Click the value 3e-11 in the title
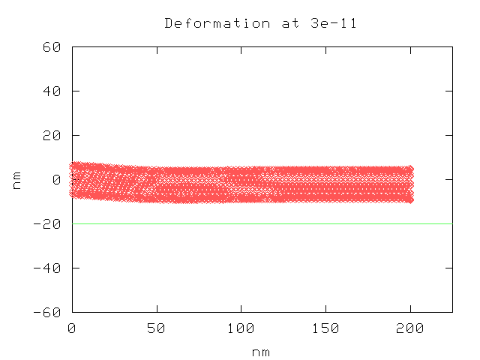tap(334, 23)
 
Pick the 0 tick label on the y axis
tap(56, 179)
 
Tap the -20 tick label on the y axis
tap(49, 223)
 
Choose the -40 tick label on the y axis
tap(49, 268)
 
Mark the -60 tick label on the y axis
tap(49, 312)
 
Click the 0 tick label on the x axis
tap(72, 328)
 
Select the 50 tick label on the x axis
tap(157, 328)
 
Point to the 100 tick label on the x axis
tap(241, 328)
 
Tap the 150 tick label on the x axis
tap(325, 328)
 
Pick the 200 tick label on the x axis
tap(410, 328)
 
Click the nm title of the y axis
tap(16, 179)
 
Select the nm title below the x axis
tap(262, 351)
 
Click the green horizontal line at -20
tap(262, 223)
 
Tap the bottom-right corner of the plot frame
tap(452, 312)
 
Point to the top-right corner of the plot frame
tap(452, 46)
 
